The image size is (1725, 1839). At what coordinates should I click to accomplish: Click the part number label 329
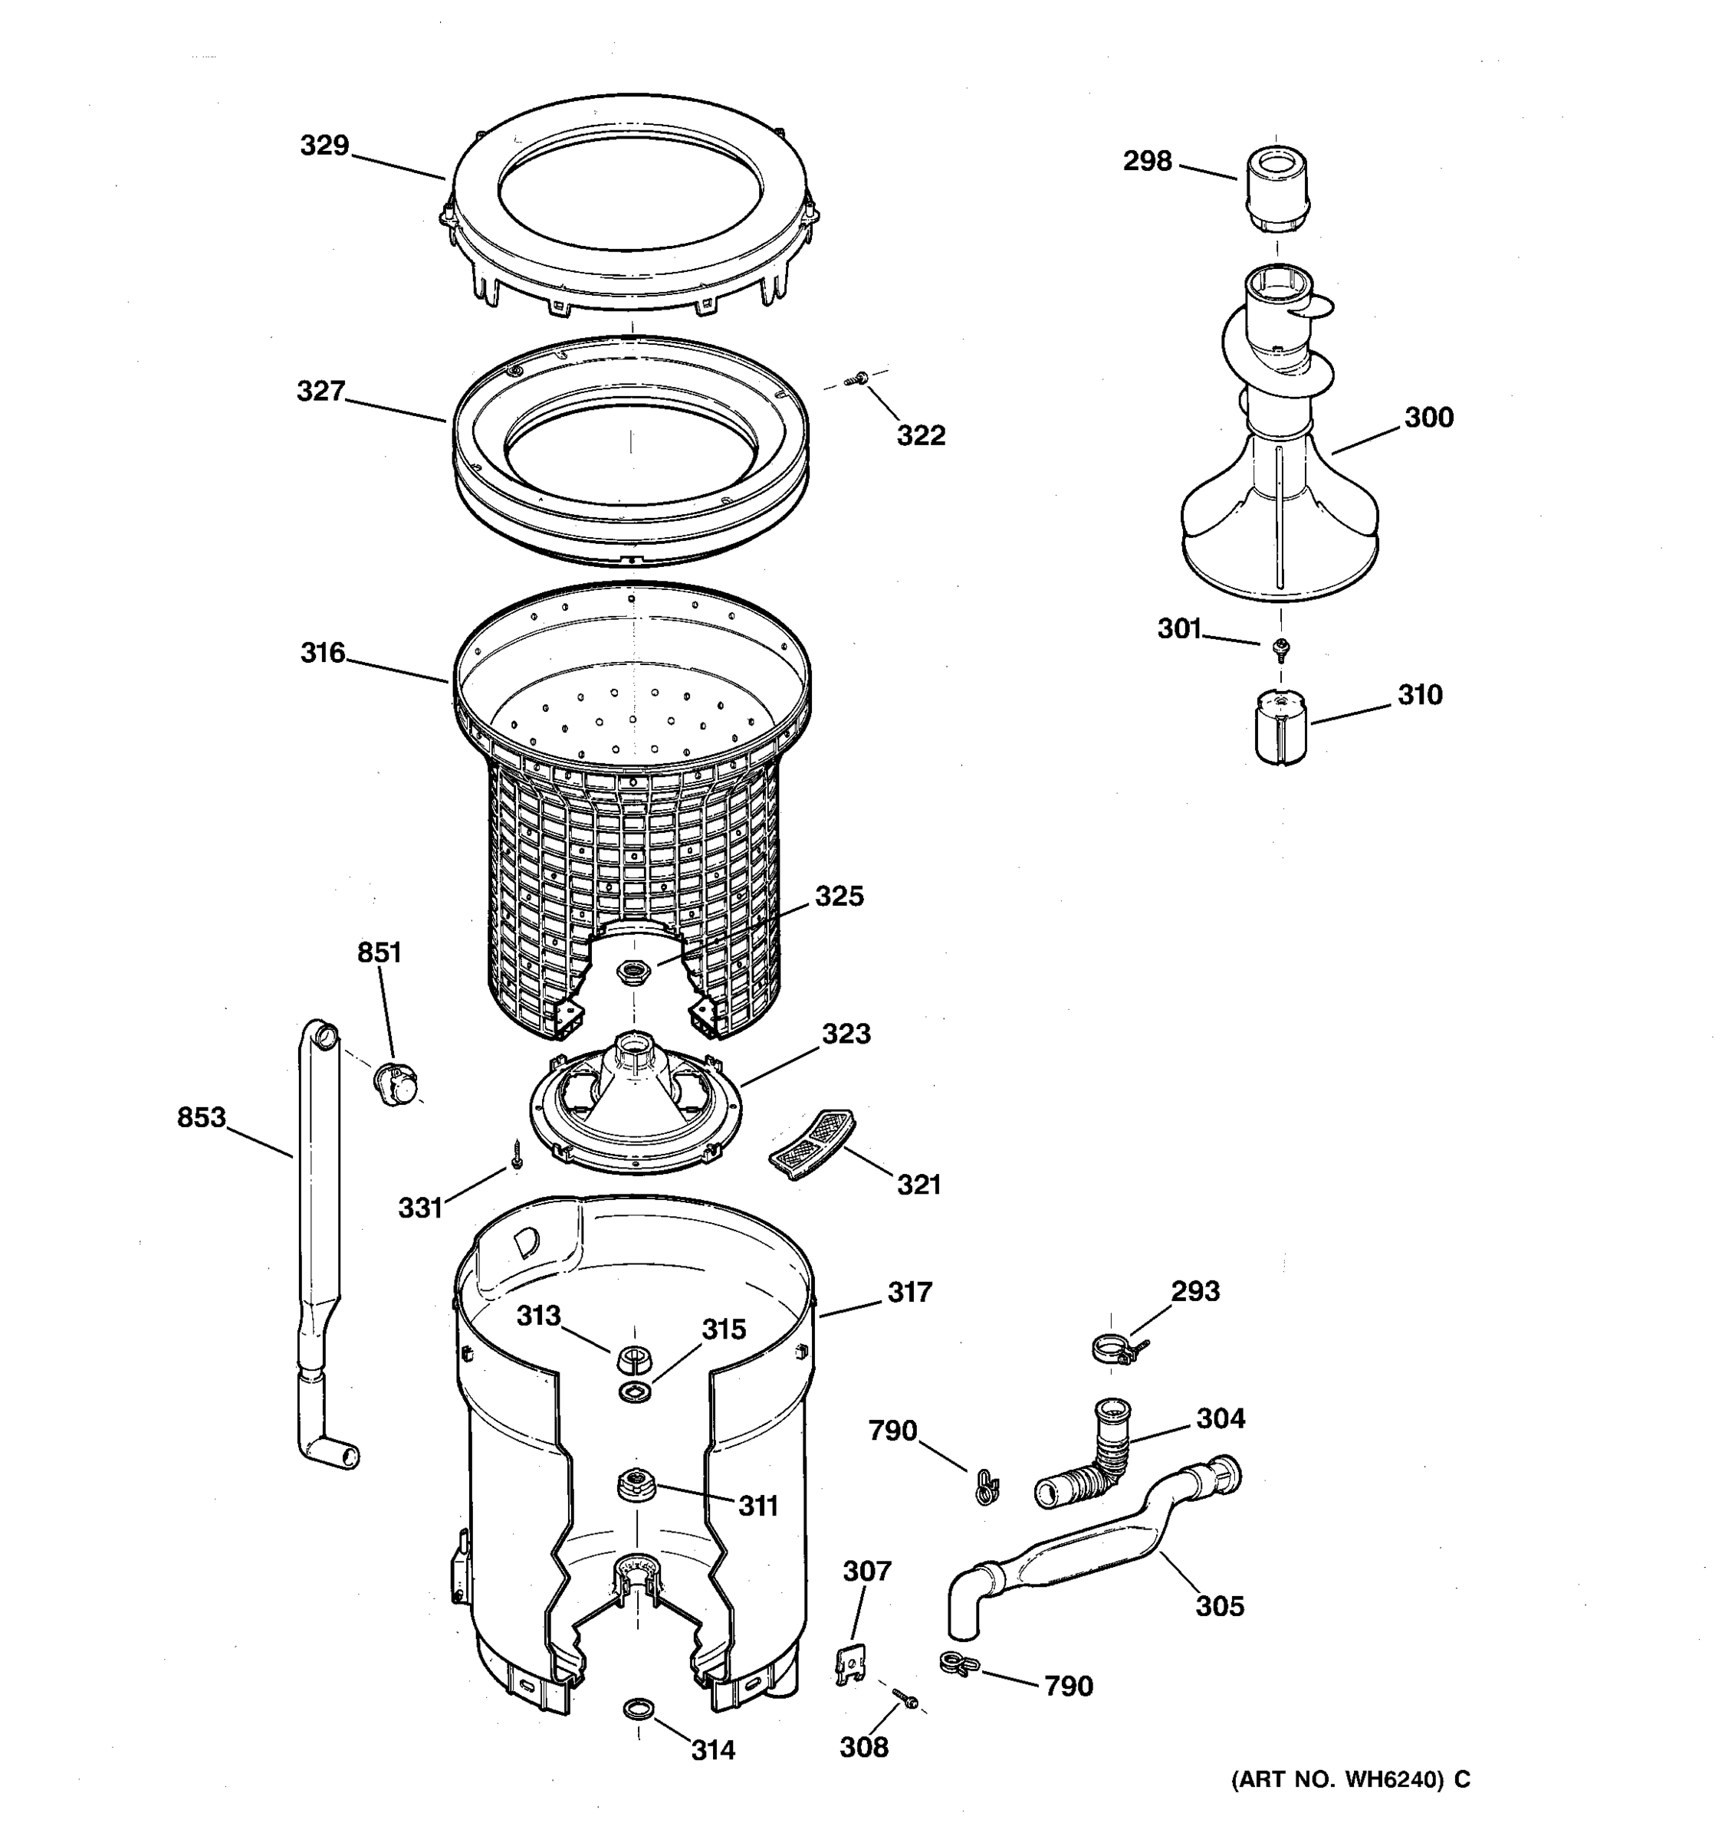(324, 146)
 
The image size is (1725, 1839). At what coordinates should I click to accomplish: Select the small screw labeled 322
(862, 378)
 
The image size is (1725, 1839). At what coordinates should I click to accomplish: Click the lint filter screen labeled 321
(812, 1143)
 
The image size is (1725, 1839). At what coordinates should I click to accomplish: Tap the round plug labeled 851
(396, 1084)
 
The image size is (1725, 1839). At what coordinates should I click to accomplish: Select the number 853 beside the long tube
(202, 1117)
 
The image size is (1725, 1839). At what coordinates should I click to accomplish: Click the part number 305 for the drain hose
(1220, 1607)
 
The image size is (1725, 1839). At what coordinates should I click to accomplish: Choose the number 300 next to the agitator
(1429, 417)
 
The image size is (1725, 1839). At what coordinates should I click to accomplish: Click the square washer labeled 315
(634, 1393)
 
